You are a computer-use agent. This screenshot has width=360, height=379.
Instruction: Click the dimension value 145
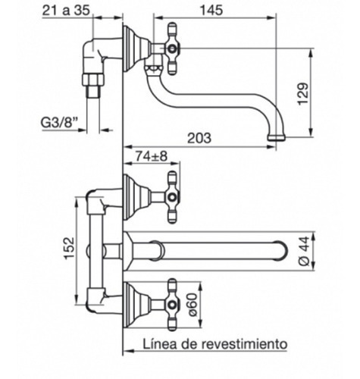[211, 11]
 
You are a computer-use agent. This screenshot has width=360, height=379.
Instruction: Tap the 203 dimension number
[199, 138]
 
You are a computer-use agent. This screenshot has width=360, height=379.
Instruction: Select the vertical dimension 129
[303, 94]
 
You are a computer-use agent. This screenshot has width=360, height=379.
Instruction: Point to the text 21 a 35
[66, 11]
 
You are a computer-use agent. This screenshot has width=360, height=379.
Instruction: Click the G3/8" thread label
[60, 124]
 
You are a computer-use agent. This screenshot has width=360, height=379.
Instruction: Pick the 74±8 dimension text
[152, 156]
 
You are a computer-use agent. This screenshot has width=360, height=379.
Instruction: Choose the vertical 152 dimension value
[70, 248]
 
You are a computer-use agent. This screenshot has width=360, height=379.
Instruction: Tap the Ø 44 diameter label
[304, 251]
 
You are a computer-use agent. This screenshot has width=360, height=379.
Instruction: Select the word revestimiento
[245, 343]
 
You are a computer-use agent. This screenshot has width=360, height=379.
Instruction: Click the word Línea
[159, 343]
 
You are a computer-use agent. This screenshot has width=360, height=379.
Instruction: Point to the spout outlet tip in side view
[277, 138]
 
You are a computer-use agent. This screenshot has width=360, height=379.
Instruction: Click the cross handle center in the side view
[172, 49]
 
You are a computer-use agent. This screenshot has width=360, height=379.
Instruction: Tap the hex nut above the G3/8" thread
[93, 80]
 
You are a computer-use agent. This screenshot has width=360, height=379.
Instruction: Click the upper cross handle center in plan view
[172, 197]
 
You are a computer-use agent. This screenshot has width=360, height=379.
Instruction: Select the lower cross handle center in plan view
[172, 305]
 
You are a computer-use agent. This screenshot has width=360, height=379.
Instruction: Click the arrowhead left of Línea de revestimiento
[128, 351]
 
